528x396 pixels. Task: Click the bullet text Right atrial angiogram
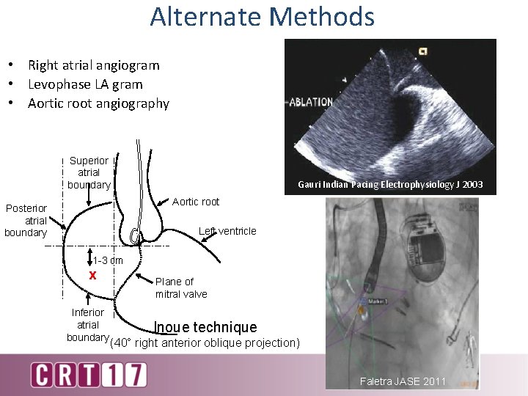pyautogui.click(x=93, y=65)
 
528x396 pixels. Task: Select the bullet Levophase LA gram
pyautogui.click(x=85, y=84)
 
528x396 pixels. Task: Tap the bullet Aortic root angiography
pyautogui.click(x=98, y=103)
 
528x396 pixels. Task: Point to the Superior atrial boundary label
pyautogui.click(x=89, y=172)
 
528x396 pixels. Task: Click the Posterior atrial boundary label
pyautogui.click(x=26, y=221)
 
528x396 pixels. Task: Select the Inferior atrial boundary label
pyautogui.click(x=88, y=325)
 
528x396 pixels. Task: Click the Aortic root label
pyautogui.click(x=196, y=202)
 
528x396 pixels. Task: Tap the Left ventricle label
pyautogui.click(x=227, y=231)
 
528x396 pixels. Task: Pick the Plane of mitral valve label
pyautogui.click(x=181, y=287)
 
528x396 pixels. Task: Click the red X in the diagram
pyautogui.click(x=92, y=276)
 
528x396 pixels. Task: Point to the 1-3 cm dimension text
pyautogui.click(x=108, y=260)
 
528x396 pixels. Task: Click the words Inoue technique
pyautogui.click(x=205, y=327)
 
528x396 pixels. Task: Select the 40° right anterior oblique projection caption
pyautogui.click(x=204, y=342)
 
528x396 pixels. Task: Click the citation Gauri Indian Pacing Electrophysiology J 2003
pyautogui.click(x=390, y=185)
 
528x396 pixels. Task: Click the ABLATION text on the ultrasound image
pyautogui.click(x=310, y=102)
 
